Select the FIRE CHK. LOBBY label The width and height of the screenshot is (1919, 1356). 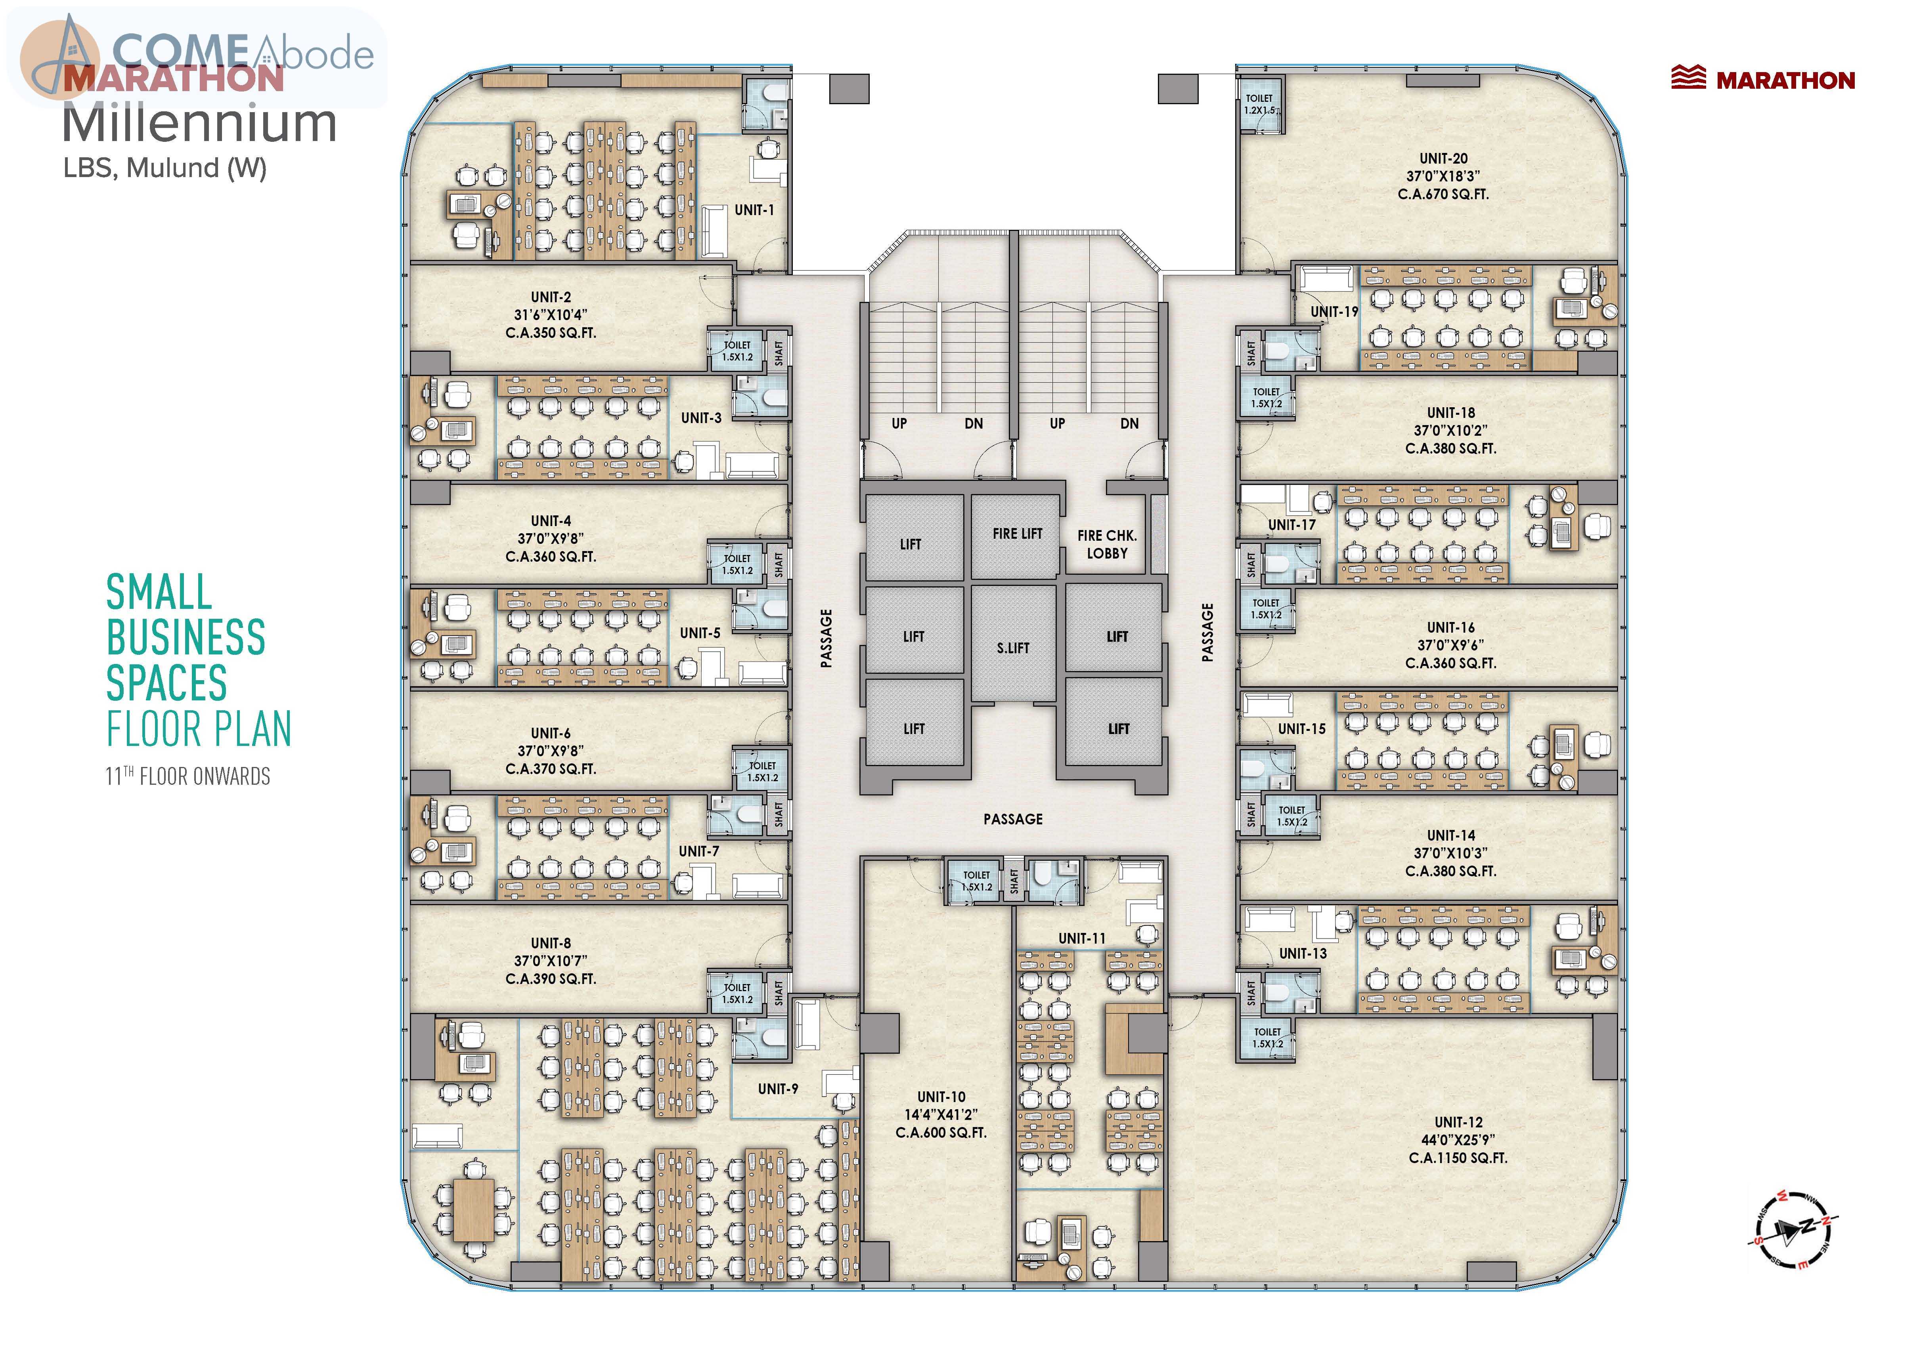(1107, 544)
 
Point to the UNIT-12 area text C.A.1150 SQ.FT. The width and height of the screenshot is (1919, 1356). (1458, 1158)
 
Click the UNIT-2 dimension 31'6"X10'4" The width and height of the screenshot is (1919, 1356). (551, 315)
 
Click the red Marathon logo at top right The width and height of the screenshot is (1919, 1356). (1763, 79)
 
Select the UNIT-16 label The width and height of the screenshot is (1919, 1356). (1451, 627)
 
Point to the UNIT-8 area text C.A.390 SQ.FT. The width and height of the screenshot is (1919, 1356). (551, 978)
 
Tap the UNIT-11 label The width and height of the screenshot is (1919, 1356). (1081, 938)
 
